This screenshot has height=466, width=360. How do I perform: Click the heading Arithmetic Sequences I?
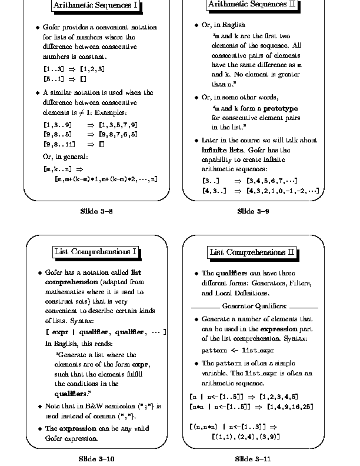pyautogui.click(x=95, y=6)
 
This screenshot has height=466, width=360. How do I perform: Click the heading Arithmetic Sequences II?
pyautogui.click(x=253, y=5)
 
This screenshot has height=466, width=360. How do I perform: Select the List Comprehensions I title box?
pyautogui.click(x=95, y=252)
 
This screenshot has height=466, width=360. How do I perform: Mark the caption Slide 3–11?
pyautogui.click(x=253, y=458)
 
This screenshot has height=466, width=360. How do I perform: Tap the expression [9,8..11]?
pyautogui.click(x=59, y=144)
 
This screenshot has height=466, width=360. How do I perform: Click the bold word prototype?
pyautogui.click(x=280, y=109)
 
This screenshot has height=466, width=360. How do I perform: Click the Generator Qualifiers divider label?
pyautogui.click(x=254, y=306)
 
